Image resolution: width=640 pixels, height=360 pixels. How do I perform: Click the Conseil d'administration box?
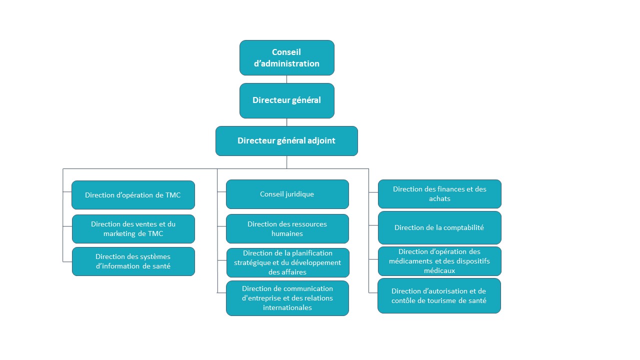tap(287, 57)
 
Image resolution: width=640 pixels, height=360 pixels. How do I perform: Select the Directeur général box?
tap(287, 100)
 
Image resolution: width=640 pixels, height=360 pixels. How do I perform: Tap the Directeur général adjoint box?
tap(286, 141)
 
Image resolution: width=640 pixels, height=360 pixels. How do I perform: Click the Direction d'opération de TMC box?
tap(133, 195)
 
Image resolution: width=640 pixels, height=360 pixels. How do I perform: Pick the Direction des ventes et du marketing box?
tap(133, 229)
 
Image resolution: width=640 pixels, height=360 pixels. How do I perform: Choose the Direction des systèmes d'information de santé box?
tap(133, 261)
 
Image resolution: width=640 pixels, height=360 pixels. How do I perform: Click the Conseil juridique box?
tap(287, 194)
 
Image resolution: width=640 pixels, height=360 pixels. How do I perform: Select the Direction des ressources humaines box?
tap(287, 228)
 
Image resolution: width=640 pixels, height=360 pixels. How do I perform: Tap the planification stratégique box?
tap(287, 262)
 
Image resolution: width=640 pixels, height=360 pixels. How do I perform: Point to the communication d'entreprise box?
tap(287, 298)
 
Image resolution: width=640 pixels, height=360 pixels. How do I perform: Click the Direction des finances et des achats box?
tap(439, 193)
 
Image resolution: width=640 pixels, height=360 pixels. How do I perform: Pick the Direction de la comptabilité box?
tap(439, 227)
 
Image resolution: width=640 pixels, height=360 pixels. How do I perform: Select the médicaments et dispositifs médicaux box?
tap(439, 261)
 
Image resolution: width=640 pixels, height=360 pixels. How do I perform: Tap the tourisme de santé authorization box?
tap(439, 295)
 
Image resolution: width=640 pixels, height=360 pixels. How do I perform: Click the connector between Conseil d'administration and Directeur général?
tap(287, 79)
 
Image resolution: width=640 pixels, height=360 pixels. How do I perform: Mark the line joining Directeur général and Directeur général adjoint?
tap(287, 122)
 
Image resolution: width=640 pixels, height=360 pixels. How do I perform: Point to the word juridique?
tap(300, 194)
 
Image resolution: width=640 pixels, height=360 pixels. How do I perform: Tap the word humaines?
tap(287, 233)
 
